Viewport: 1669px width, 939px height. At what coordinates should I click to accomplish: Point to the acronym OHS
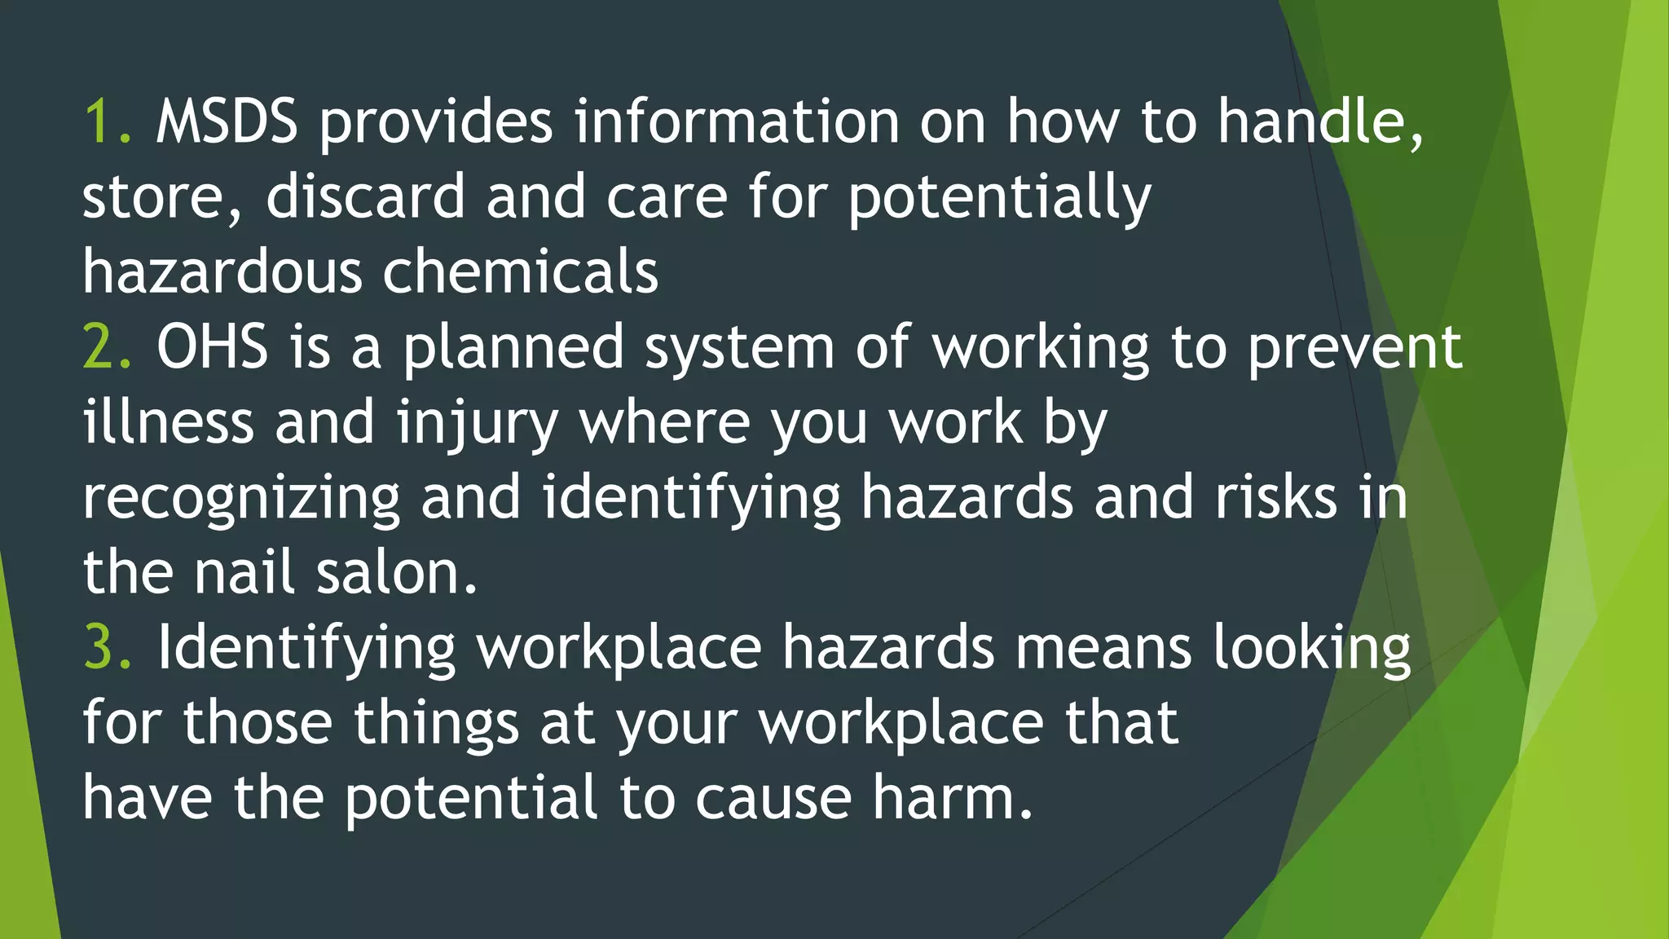(212, 347)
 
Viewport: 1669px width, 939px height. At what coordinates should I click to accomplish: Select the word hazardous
(222, 272)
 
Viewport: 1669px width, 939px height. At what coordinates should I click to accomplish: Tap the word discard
(365, 197)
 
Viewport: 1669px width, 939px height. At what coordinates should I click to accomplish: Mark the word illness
(168, 422)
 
